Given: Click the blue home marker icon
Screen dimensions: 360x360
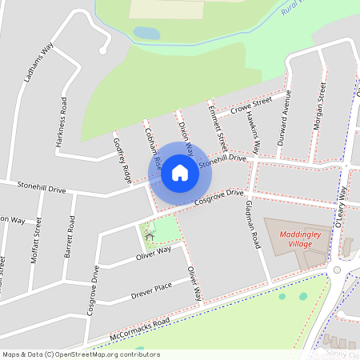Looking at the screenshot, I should (180, 172).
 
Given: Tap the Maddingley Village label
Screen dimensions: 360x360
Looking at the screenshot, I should (294, 238).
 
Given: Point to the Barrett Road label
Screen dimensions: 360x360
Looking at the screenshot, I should (70, 235).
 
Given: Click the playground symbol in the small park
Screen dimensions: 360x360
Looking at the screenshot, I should (149, 235).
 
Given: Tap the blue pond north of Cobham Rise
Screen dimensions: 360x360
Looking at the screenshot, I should (146, 33).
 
